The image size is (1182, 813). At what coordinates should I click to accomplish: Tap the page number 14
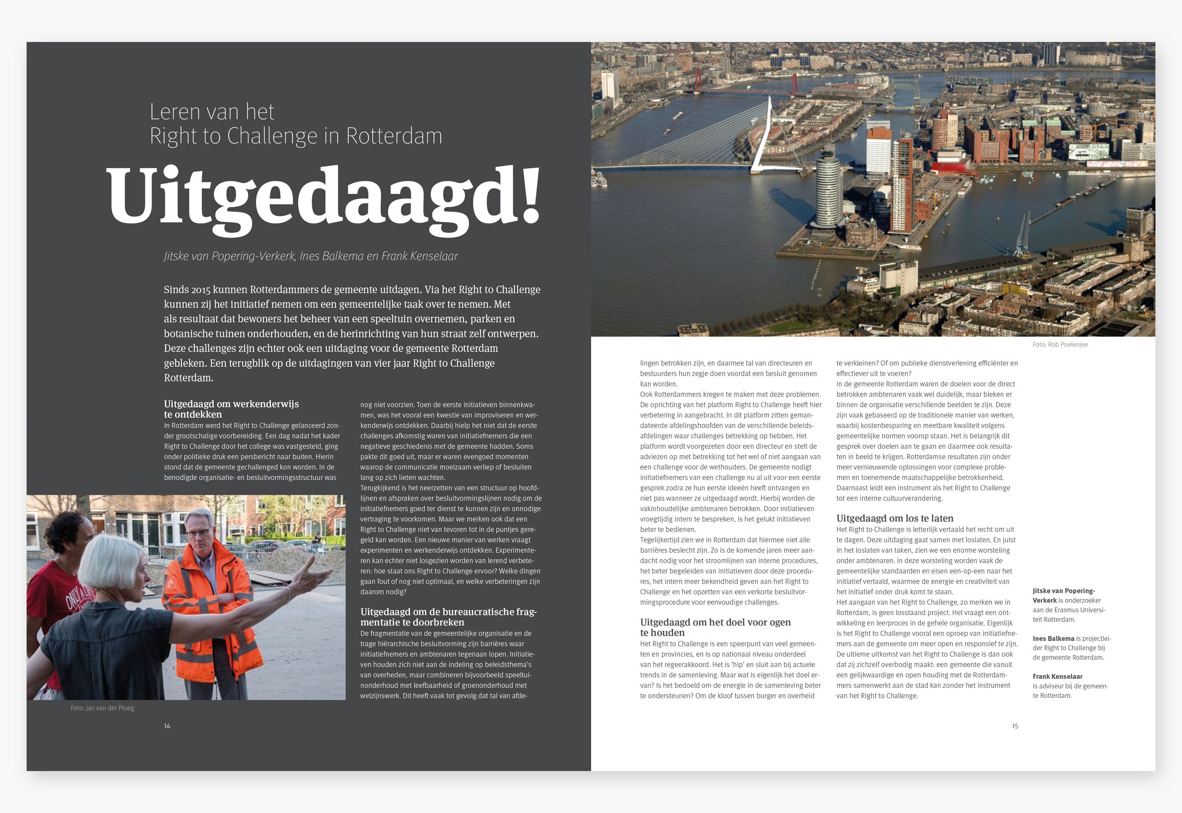tap(167, 725)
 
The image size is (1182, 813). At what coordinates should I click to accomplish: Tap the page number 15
tap(1015, 725)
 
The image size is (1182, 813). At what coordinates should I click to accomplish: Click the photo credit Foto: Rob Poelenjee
tap(1060, 344)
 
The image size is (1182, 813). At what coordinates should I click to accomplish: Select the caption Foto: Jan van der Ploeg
tap(102, 707)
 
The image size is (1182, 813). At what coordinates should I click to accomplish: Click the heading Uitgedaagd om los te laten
tap(895, 518)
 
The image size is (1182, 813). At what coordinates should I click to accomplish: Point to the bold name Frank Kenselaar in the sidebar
tap(1057, 676)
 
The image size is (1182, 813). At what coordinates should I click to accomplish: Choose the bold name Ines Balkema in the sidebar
tap(1053, 638)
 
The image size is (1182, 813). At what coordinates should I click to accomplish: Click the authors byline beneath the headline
tap(311, 256)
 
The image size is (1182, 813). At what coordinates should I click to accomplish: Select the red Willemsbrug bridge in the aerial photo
tap(743, 88)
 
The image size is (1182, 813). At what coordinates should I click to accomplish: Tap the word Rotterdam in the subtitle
tap(394, 136)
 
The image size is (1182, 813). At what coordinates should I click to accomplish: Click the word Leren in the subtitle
tap(175, 112)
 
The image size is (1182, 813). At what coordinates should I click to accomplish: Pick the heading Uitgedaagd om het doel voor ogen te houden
tap(715, 627)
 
